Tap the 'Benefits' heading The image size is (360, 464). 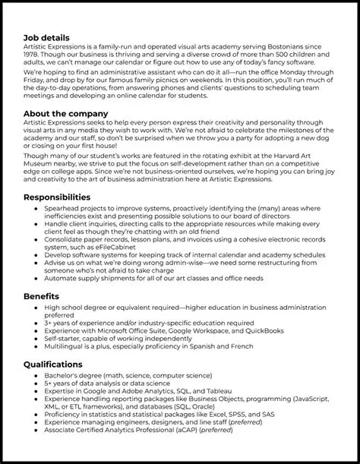click(41, 295)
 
